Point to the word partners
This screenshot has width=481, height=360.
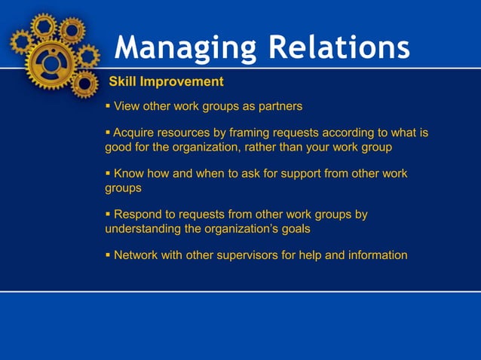pos(277,105)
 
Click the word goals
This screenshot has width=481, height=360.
pos(294,229)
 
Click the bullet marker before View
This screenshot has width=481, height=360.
pos(108,105)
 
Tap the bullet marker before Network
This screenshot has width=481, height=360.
pos(108,255)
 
